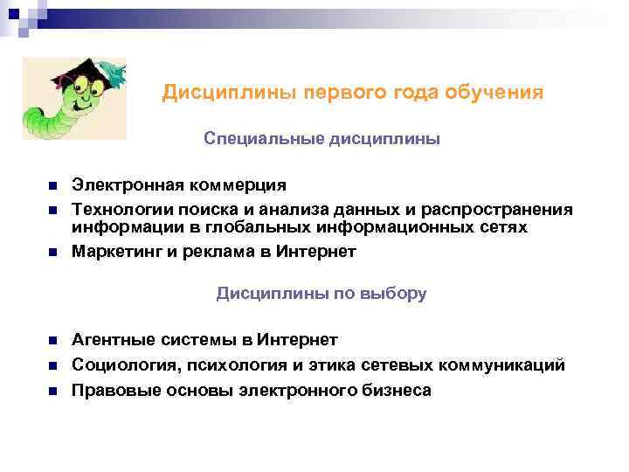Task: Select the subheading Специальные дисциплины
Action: tap(321, 139)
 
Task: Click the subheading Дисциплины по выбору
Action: tap(321, 294)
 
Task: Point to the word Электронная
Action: tap(128, 185)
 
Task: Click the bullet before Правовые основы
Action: tap(52, 391)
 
